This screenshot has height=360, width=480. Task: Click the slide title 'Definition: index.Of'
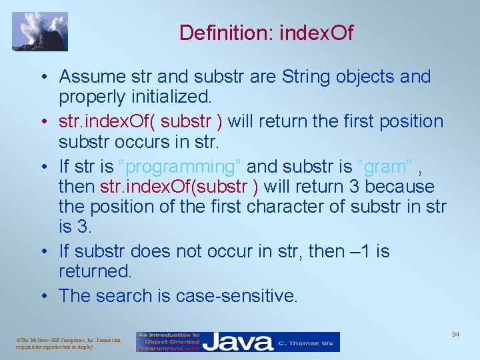click(266, 32)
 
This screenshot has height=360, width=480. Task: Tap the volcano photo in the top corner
click(40, 31)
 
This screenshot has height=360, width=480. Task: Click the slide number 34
click(455, 333)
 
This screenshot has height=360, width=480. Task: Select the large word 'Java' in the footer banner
click(238, 342)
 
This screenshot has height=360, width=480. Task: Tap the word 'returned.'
click(96, 271)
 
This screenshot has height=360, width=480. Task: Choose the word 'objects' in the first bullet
click(366, 77)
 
